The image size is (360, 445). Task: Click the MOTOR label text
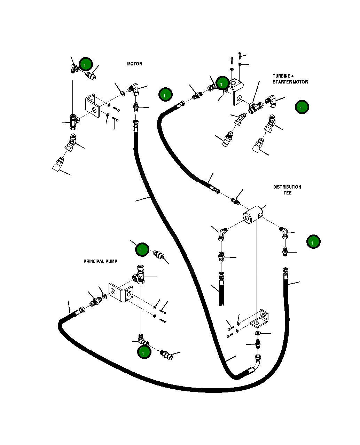(x=134, y=64)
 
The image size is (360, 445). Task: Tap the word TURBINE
(x=281, y=76)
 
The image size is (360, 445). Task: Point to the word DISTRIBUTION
(x=287, y=187)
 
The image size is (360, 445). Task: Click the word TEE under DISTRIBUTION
(x=287, y=193)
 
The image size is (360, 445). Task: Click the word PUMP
(x=111, y=262)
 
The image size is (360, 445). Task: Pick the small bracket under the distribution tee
(x=260, y=320)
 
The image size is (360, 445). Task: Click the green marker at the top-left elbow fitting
(x=85, y=64)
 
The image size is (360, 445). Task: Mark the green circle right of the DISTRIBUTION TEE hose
(x=313, y=242)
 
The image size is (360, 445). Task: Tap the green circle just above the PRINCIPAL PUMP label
(x=142, y=249)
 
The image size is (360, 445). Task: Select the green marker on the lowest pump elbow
(x=144, y=352)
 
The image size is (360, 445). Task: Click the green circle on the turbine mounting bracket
(x=222, y=83)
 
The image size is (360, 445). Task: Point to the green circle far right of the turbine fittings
(x=302, y=107)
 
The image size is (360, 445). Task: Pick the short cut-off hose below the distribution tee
(x=221, y=289)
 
